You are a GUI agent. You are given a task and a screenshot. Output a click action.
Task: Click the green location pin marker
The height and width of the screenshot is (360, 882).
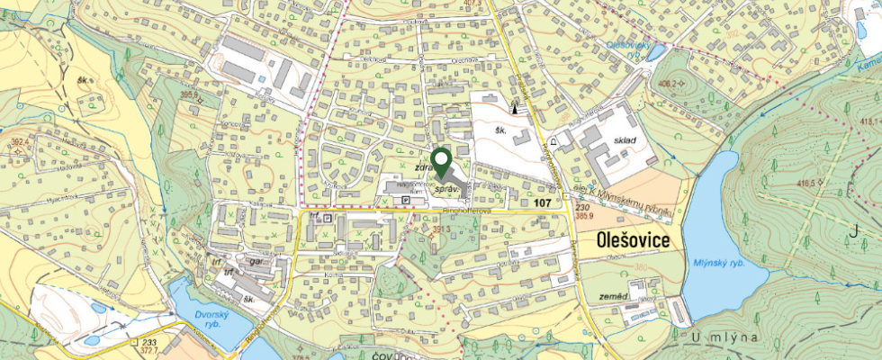coord(441,162)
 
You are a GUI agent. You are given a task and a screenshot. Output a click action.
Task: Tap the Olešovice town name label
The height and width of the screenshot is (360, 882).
coord(635,241)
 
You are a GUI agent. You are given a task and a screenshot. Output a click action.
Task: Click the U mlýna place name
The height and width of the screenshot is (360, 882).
coord(728,336)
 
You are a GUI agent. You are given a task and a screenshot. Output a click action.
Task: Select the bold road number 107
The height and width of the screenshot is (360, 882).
coord(541,204)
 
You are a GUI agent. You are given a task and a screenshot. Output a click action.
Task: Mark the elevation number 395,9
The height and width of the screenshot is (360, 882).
coord(188,94)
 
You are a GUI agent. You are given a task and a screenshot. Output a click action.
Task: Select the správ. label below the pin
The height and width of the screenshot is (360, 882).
coord(448,191)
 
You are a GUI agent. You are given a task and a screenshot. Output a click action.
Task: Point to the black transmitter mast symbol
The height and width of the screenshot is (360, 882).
coord(517,106)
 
